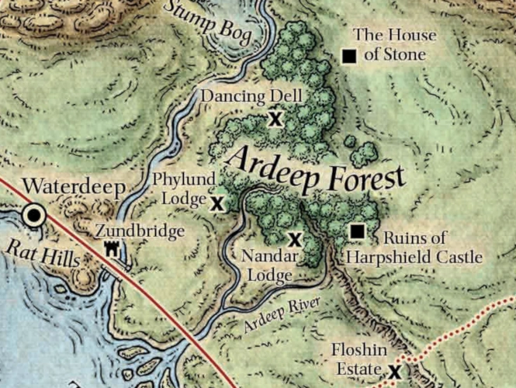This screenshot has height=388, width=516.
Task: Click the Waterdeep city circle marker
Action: pyautogui.click(x=33, y=216)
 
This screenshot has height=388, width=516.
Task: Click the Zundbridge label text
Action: pyautogui.click(x=140, y=231)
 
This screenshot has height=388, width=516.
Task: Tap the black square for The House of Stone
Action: pyautogui.click(x=349, y=56)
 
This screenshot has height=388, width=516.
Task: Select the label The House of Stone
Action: pyautogui.click(x=394, y=45)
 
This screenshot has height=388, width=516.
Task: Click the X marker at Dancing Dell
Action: pyautogui.click(x=273, y=119)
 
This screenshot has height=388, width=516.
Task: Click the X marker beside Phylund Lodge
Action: pyautogui.click(x=217, y=204)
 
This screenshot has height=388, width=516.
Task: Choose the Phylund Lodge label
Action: pyautogui.click(x=185, y=189)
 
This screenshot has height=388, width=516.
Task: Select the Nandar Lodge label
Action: pyautogui.click(x=266, y=265)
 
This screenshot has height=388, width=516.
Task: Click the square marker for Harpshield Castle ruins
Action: pyautogui.click(x=357, y=231)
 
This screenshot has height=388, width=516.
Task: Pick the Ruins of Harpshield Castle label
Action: pyautogui.click(x=414, y=248)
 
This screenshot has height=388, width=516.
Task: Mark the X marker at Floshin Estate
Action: pyautogui.click(x=394, y=372)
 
